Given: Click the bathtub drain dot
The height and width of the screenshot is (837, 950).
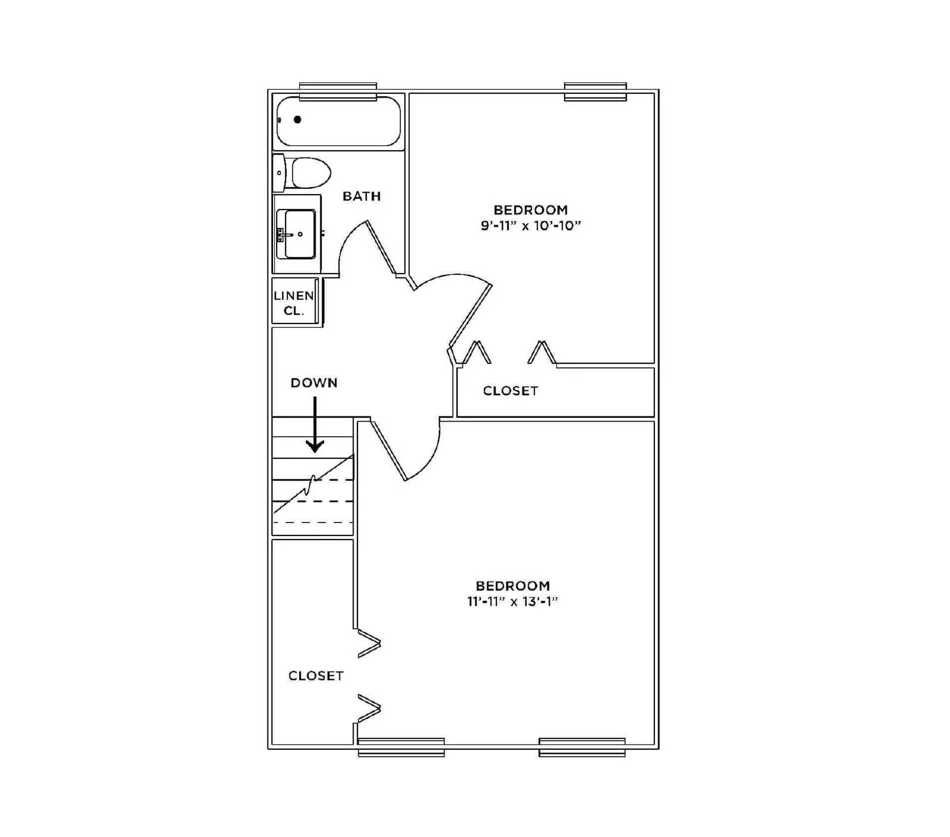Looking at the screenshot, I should click(x=297, y=119).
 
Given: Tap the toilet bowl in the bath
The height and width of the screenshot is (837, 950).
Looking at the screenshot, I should click(x=311, y=173).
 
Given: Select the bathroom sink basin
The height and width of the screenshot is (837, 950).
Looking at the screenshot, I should click(x=300, y=234).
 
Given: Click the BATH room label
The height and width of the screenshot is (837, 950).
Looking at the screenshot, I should click(x=362, y=196).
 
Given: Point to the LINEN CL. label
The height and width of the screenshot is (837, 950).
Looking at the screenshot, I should click(x=294, y=303).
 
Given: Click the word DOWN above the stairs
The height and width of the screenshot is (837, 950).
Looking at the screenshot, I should click(x=314, y=383).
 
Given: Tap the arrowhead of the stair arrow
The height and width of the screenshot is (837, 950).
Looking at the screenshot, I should click(x=315, y=446).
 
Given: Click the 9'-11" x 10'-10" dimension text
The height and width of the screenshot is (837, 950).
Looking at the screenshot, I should click(x=530, y=226).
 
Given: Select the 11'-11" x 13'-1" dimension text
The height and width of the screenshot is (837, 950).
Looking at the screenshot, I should click(x=512, y=601).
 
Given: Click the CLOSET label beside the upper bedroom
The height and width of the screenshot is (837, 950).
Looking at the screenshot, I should click(x=511, y=391).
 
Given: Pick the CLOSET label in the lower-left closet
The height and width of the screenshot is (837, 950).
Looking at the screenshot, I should click(x=316, y=676).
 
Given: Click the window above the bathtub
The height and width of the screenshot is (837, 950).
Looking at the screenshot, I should click(x=338, y=92).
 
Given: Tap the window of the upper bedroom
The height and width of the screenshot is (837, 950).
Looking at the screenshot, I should click(x=596, y=92).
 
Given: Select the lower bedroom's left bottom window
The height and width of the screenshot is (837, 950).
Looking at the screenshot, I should click(x=401, y=747).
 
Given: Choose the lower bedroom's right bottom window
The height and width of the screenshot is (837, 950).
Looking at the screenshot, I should click(x=582, y=747).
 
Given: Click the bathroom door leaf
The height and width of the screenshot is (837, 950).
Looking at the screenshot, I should click(x=382, y=248).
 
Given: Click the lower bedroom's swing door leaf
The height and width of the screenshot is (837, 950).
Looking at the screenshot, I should click(x=389, y=450).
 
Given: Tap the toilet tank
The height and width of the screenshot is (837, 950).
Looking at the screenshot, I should click(x=279, y=173).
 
